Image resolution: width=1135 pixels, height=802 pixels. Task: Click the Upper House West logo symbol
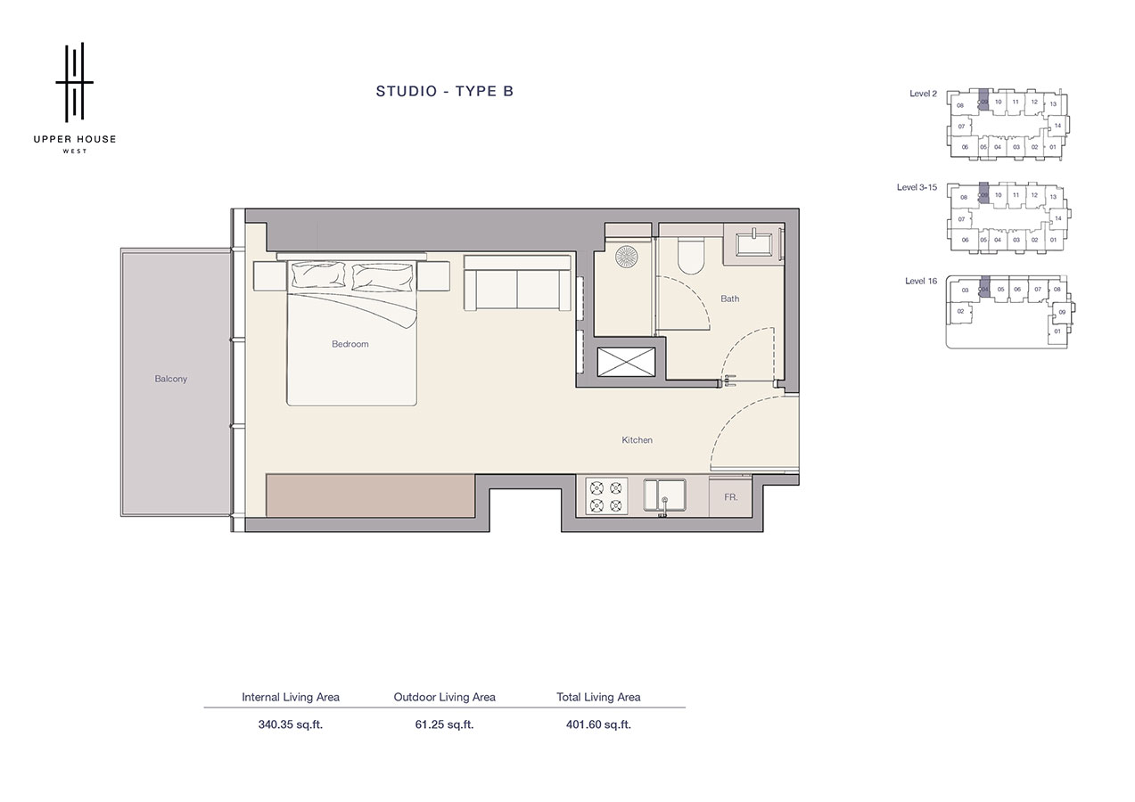coord(75,82)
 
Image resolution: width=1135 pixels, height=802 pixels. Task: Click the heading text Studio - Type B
coord(444,91)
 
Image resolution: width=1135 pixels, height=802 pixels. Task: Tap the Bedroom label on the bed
coord(350,344)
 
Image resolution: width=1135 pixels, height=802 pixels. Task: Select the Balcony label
coord(170,379)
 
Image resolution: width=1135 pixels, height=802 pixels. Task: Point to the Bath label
coord(729,299)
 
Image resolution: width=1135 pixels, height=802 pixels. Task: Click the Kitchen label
coord(637,440)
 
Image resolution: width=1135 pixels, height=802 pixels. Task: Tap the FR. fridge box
coord(730,496)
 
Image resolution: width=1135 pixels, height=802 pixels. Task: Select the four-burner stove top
coord(606,496)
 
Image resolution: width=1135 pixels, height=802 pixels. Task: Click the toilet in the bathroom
coord(690,254)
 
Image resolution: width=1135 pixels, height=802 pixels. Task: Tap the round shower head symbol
coord(628,256)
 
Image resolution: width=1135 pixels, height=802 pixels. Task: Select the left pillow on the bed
coord(318,276)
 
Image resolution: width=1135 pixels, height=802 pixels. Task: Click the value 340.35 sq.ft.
coord(290,724)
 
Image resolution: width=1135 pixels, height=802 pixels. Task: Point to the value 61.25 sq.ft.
coord(444,724)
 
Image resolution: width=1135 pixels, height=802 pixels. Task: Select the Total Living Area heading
coord(598,697)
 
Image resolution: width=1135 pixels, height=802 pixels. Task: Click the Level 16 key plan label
coord(921,282)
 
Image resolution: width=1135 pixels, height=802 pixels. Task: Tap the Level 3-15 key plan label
coord(917,188)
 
